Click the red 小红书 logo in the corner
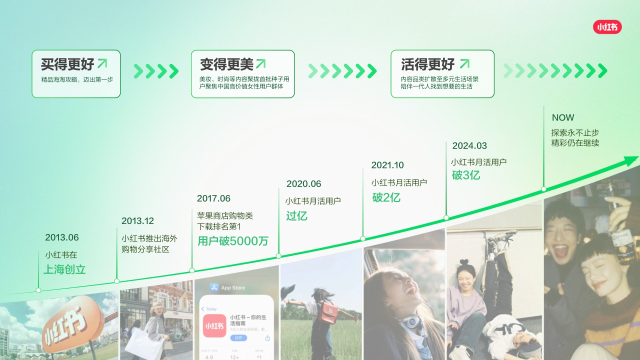tap(607, 27)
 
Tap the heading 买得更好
tap(67, 64)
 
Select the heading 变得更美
tap(226, 64)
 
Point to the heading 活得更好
tap(428, 64)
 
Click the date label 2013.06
tap(62, 237)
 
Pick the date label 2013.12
tap(137, 221)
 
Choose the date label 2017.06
tap(213, 198)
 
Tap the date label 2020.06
tap(303, 184)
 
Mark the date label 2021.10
tap(387, 165)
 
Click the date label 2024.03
tap(469, 146)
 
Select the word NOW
tap(563, 118)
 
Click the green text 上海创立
tap(64, 269)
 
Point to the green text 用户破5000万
tap(233, 241)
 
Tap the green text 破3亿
tap(466, 175)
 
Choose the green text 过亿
tap(296, 216)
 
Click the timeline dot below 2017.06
tap(192, 270)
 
